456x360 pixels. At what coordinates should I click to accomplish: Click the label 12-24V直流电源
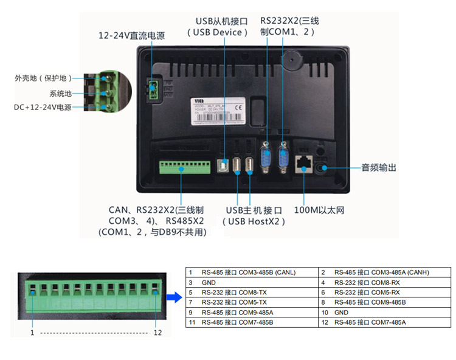coord(131,36)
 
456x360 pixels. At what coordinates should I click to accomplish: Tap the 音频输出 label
coord(379,167)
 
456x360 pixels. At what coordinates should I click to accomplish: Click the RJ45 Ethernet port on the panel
coord(303,162)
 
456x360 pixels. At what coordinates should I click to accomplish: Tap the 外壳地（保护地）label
coord(43,78)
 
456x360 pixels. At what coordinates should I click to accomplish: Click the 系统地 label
coord(60,93)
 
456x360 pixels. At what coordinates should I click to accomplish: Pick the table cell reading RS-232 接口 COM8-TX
coord(233,292)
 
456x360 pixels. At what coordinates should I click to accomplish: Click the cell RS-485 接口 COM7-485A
coord(370,322)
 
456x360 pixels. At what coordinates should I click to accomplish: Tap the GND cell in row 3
coord(210,283)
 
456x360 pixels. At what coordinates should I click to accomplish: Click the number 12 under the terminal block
coord(158,333)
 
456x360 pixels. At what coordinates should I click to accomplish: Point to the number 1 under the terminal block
coord(32,333)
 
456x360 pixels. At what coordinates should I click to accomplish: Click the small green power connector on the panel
coord(153,90)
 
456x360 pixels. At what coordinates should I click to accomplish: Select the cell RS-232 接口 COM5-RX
coord(367,292)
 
